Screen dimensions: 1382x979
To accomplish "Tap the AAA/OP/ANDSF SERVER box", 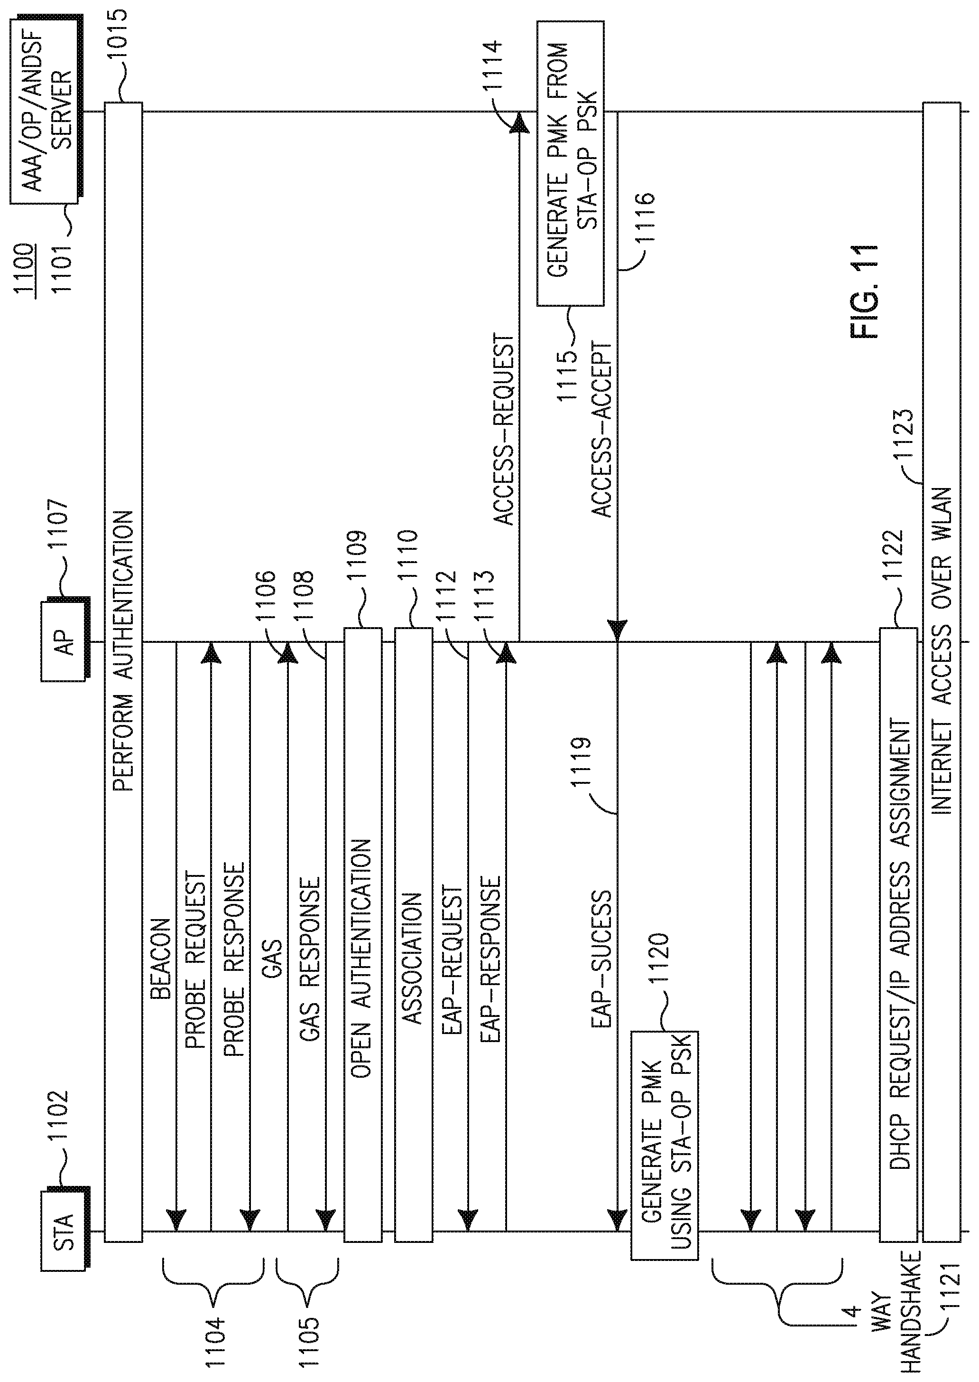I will click(45, 112).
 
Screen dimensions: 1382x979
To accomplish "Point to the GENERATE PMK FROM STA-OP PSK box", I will click(570, 163).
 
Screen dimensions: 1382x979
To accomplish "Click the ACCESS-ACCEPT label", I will click(601, 431).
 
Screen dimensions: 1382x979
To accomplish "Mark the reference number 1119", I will click(582, 762).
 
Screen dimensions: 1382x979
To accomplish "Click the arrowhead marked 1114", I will click(518, 123).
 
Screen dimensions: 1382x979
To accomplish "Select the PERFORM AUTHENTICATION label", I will click(123, 651).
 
